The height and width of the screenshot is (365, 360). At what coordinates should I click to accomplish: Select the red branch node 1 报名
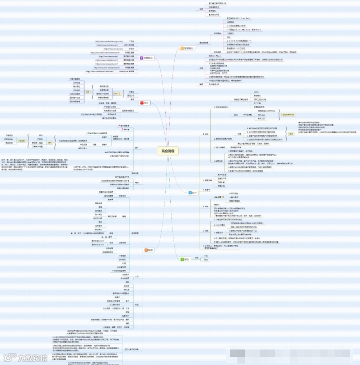pos(145,102)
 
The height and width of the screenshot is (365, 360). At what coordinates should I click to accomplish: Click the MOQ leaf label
pos(256,92)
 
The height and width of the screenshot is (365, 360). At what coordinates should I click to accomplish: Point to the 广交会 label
pos(131,41)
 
